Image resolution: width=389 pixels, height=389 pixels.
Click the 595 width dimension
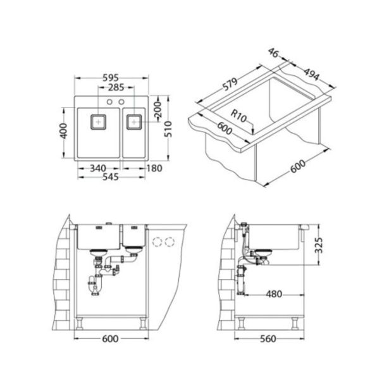[111, 78]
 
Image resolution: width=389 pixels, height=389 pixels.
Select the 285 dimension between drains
[116, 87]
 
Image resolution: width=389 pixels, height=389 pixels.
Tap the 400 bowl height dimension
[64, 131]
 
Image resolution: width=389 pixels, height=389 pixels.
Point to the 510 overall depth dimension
[168, 129]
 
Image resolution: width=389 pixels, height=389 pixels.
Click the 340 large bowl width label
[98, 168]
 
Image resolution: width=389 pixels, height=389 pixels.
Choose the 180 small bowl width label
[154, 168]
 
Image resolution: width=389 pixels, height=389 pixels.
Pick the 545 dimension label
[111, 177]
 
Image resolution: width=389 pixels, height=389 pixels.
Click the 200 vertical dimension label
[158, 109]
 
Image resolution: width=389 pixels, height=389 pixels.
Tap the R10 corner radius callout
[238, 116]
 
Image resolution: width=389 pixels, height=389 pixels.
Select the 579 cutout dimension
[230, 84]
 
